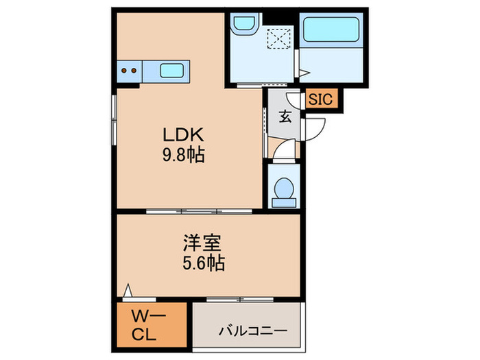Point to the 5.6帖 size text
(x=204, y=262)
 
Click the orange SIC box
(x=320, y=99)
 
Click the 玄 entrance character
(x=284, y=116)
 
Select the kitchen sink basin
(x=171, y=69)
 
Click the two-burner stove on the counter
(x=128, y=69)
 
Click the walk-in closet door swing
(x=128, y=291)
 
